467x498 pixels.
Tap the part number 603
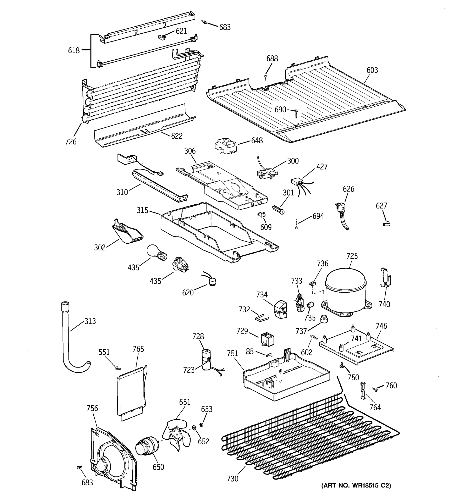click(372, 70)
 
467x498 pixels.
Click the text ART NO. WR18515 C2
click(356, 486)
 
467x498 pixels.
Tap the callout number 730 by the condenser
click(232, 479)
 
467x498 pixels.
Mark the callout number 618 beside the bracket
click(74, 51)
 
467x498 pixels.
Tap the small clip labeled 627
click(387, 223)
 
